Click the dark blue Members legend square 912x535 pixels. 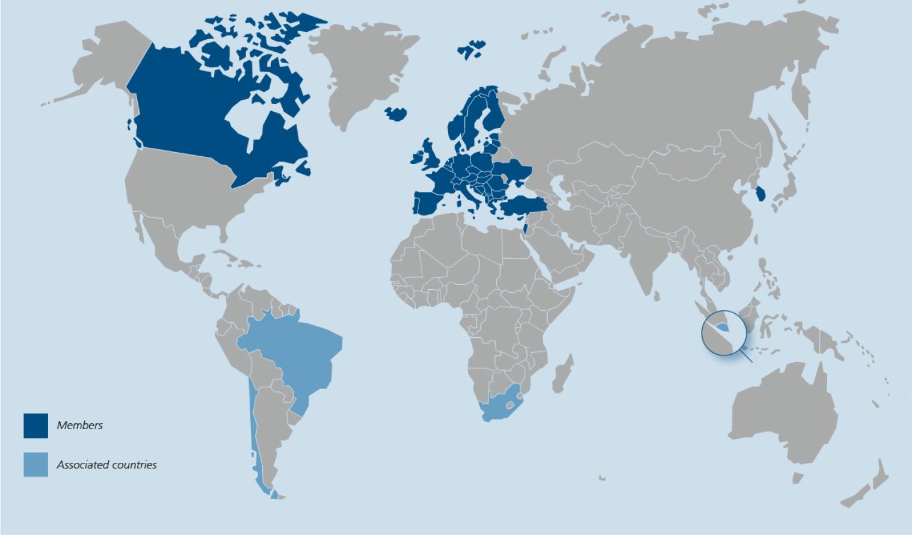coord(36,426)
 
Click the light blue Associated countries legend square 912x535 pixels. coord(36,465)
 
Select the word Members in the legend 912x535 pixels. coord(79,426)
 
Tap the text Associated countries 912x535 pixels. coord(106,465)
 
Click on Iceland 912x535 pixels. coord(396,114)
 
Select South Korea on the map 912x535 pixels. coord(761,194)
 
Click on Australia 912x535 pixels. coord(782,415)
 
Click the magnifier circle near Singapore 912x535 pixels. coord(724,332)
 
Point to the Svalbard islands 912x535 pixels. coord(472,50)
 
